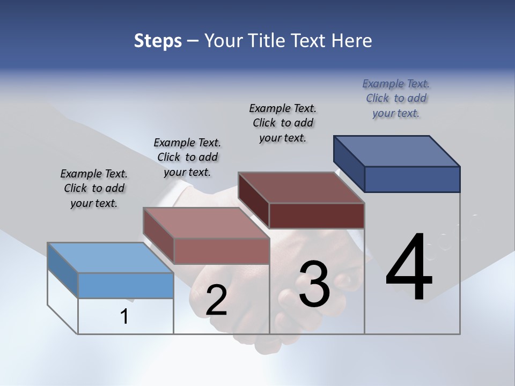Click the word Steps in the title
pyautogui.click(x=158, y=41)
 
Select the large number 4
pyautogui.click(x=409, y=268)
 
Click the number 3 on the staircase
pyautogui.click(x=314, y=284)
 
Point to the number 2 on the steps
pyautogui.click(x=216, y=300)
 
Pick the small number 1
pyautogui.click(x=124, y=316)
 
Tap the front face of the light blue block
pyautogui.click(x=126, y=285)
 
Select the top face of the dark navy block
pyautogui.click(x=397, y=151)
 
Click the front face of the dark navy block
pyautogui.click(x=412, y=179)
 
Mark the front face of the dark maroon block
pyautogui.click(x=317, y=216)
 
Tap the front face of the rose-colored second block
pyautogui.click(x=221, y=251)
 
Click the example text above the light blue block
pyautogui.click(x=94, y=188)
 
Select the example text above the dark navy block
pyautogui.click(x=396, y=98)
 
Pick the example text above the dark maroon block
pyautogui.click(x=283, y=123)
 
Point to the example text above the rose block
pyautogui.click(x=187, y=157)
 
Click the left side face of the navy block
pyautogui.click(x=349, y=164)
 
